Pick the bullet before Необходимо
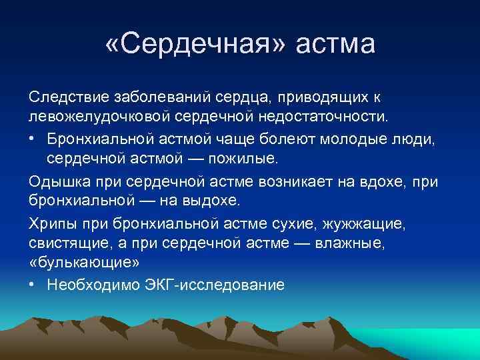point(33,284)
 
